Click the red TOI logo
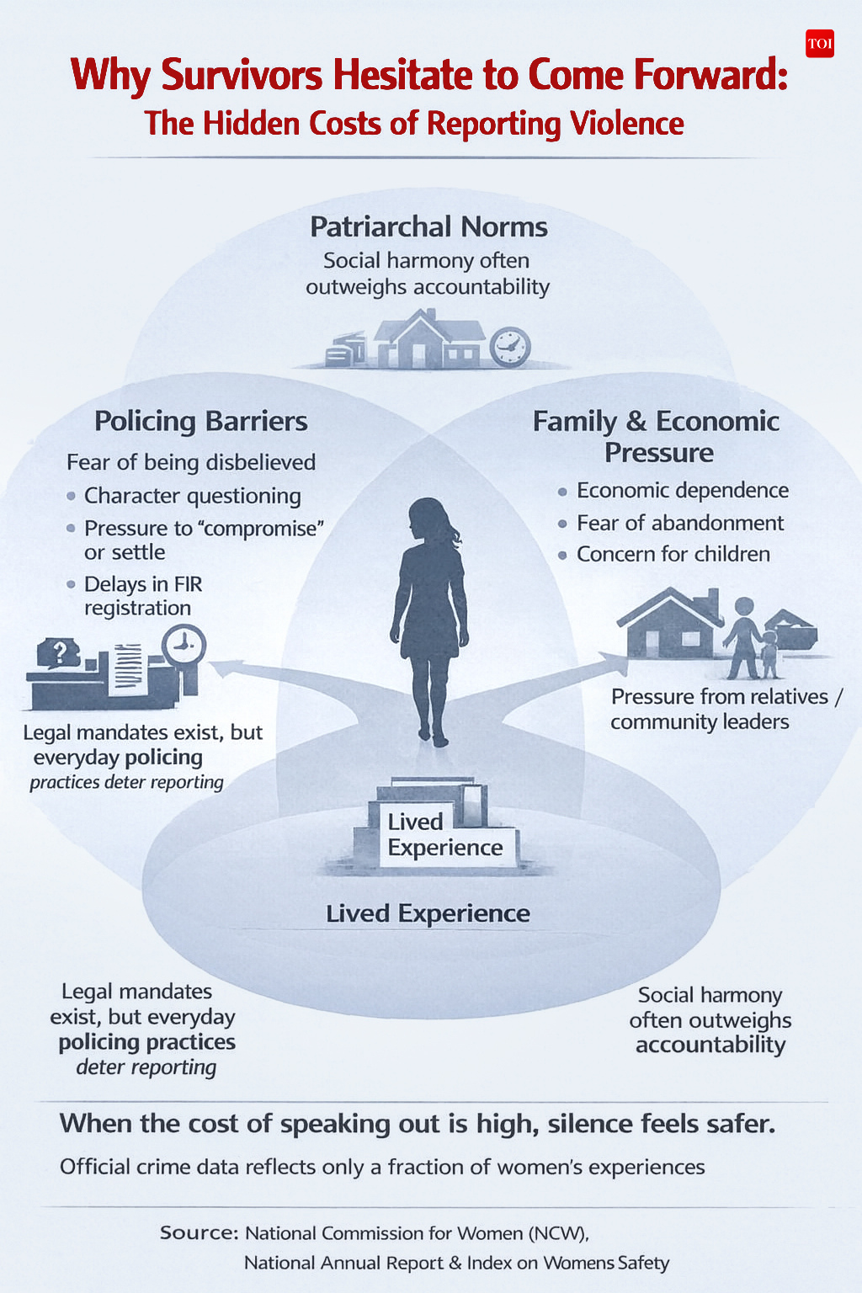(819, 44)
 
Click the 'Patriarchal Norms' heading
(428, 226)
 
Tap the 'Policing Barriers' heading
(201, 421)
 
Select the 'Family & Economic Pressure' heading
(657, 436)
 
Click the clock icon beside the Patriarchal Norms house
(509, 346)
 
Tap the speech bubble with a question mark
(59, 652)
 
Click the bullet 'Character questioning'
(192, 496)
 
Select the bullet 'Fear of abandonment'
(679, 523)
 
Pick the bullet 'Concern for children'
(673, 554)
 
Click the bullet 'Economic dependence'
(682, 490)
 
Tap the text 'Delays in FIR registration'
(143, 595)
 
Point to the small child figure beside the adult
(769, 654)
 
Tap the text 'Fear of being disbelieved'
(191, 462)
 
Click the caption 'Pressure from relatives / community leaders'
(726, 709)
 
